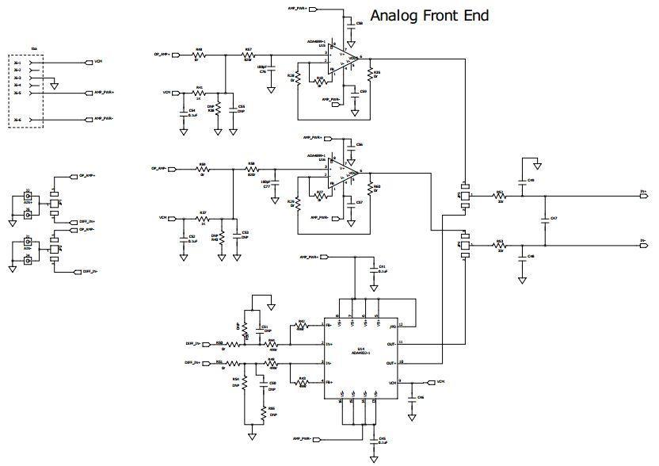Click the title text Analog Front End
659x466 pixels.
[x=429, y=15]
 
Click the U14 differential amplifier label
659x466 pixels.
[x=360, y=349]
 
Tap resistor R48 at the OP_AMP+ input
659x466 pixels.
[x=199, y=55]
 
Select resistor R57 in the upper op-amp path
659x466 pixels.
[x=248, y=55]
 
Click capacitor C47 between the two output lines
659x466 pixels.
[x=544, y=218]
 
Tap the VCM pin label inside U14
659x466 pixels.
[x=391, y=382]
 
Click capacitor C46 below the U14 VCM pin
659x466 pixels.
[x=412, y=399]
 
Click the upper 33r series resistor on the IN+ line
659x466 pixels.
[x=500, y=193]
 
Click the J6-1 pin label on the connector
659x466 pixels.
[x=17, y=62]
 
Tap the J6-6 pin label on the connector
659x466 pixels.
[x=17, y=120]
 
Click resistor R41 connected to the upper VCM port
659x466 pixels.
[x=200, y=93]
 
